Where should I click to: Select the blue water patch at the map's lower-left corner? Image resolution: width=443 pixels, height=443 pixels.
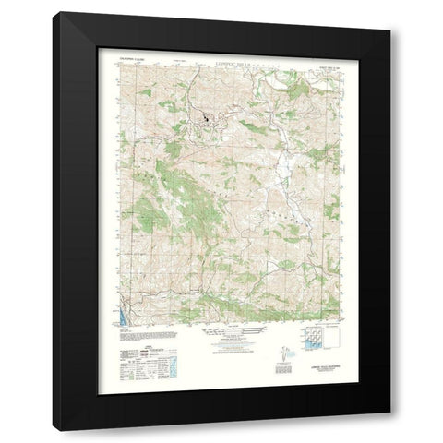123,324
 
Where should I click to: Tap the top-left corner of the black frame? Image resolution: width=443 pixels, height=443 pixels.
54,13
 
